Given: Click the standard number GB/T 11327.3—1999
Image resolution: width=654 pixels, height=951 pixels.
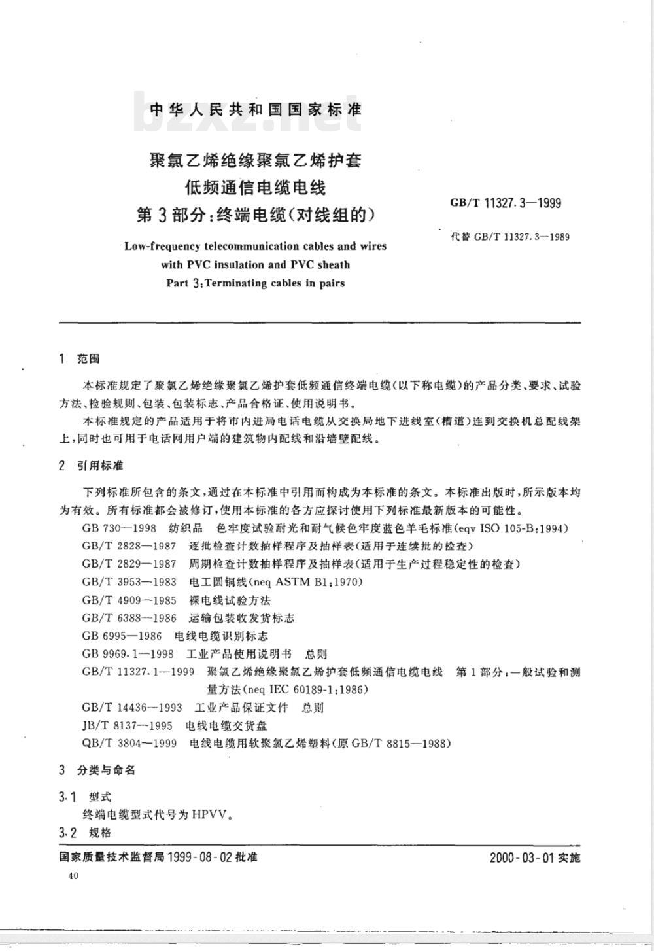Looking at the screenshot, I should [x=506, y=203].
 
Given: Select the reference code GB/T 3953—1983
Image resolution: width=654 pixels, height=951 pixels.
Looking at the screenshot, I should [x=129, y=581].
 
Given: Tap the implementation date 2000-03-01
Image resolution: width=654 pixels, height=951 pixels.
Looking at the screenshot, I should [x=523, y=857].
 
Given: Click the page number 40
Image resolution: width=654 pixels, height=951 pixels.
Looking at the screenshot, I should [x=72, y=876].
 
